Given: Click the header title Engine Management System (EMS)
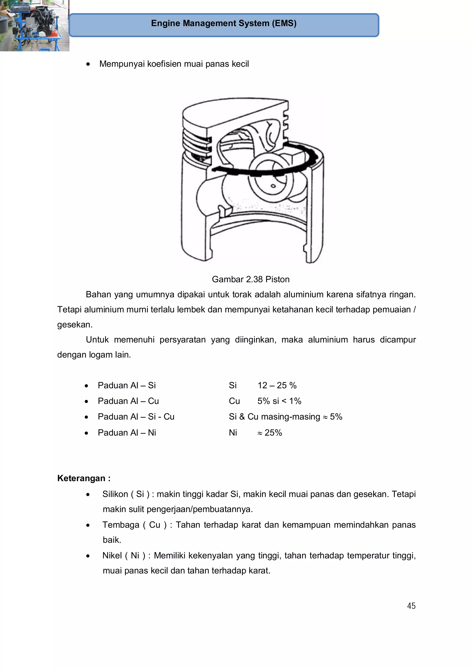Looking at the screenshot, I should [224, 23].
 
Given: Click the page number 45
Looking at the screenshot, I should [411, 606].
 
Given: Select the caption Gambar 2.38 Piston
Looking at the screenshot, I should [250, 279].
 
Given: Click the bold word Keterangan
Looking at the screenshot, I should [81, 478].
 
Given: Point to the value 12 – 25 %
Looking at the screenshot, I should [277, 385].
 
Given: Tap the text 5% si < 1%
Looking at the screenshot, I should [279, 401].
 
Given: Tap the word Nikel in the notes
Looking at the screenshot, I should [112, 555].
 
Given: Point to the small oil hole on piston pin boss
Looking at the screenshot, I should [273, 186].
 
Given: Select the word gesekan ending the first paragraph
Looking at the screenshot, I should [74, 325].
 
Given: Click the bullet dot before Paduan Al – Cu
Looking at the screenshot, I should [86, 402].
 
